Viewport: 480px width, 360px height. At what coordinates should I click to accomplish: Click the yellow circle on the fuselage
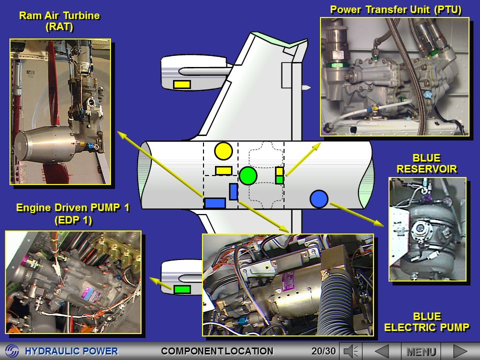coord(223,151)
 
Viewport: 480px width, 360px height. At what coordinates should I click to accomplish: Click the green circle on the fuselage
coord(248,175)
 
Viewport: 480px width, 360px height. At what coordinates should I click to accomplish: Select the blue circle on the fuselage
coord(318,199)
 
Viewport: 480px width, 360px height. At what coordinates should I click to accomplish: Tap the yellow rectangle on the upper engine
coord(182,84)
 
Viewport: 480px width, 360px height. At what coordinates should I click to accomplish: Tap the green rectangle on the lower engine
coord(182,289)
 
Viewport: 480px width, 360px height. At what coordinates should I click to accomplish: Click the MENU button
coord(420,351)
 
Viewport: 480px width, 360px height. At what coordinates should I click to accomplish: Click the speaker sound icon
coord(351,351)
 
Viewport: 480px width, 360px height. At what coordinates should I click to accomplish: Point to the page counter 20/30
coord(323,351)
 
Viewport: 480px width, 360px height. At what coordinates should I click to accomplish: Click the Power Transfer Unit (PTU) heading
coord(395,9)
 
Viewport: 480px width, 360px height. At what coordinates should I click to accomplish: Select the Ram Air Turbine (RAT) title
coord(59,21)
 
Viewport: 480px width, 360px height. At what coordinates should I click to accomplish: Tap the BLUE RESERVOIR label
coord(426,163)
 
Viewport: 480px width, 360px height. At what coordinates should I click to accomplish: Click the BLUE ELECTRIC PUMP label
coord(426,322)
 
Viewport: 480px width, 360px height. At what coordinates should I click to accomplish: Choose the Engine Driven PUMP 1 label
coord(73,213)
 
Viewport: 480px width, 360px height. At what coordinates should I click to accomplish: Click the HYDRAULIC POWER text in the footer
coord(71,351)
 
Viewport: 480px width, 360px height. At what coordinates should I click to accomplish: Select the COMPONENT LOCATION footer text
coord(217,351)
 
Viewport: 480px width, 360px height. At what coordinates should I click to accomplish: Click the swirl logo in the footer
coord(12,351)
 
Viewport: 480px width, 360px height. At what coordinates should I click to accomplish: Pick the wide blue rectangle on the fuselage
coord(215,203)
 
